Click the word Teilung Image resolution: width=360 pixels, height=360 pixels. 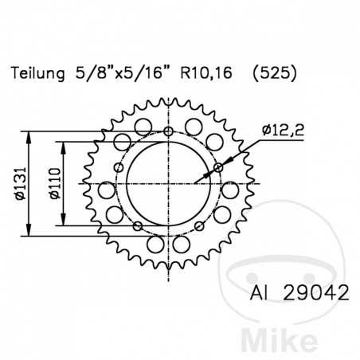coord(39,75)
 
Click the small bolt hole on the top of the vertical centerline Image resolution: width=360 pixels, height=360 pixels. coord(168,131)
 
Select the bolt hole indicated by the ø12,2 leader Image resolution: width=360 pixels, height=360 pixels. coord(218,167)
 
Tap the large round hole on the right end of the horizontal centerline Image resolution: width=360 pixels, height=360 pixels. coord(230,190)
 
